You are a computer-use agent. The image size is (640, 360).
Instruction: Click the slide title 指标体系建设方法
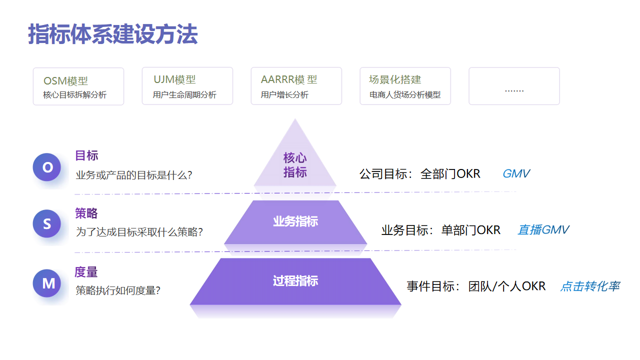click(113, 34)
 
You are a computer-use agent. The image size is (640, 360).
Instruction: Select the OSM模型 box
click(78, 86)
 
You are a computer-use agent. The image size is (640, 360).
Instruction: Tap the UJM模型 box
click(187, 86)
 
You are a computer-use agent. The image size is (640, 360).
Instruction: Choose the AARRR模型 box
click(295, 86)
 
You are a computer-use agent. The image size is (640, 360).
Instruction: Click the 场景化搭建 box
click(404, 86)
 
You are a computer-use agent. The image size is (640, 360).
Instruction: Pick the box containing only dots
click(514, 87)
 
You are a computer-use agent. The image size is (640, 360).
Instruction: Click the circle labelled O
click(47, 167)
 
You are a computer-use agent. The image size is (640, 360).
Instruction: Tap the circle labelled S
click(47, 224)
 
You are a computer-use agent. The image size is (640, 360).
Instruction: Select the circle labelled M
click(47, 283)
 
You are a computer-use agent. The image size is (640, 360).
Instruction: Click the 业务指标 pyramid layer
click(295, 222)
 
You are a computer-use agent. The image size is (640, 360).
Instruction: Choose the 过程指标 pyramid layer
click(295, 281)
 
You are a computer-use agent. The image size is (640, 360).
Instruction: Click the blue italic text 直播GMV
click(543, 230)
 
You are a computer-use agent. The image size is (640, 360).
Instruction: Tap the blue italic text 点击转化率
click(590, 287)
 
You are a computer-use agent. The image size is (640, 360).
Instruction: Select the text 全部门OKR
click(450, 174)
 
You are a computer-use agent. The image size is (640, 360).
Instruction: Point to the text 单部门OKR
click(470, 230)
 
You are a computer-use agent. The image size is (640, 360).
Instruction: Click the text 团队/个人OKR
click(507, 287)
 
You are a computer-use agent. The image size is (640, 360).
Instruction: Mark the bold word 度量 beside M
click(87, 272)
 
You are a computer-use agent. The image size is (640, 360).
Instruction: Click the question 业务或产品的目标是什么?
click(133, 176)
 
